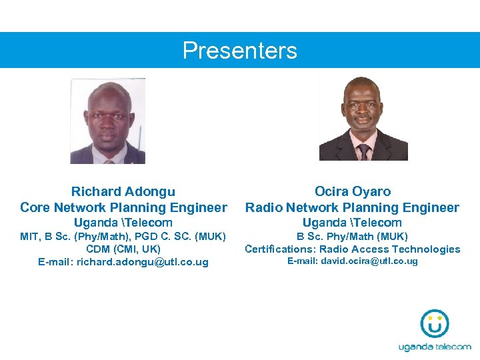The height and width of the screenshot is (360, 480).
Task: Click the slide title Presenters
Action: point(240,51)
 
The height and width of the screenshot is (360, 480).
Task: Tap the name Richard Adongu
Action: point(123,192)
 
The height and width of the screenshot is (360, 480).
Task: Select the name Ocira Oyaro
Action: point(353,192)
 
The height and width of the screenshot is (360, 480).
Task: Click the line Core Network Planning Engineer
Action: point(123,207)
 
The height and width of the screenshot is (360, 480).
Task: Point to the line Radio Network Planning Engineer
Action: point(352,207)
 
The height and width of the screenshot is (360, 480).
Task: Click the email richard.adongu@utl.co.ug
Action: point(143,262)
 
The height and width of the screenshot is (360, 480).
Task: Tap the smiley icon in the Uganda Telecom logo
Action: point(434,325)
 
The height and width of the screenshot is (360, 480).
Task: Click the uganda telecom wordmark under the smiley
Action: point(435,347)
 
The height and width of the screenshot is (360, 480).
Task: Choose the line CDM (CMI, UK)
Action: point(123,249)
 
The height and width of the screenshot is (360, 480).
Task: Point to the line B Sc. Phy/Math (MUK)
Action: point(352,236)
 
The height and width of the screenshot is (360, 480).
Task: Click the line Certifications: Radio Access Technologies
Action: point(352,249)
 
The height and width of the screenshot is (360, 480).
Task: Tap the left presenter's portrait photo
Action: point(108,121)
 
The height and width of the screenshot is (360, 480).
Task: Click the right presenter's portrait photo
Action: point(363,119)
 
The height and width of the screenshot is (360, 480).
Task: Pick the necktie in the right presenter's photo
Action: point(363,151)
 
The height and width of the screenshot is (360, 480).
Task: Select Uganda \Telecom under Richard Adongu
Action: point(123,223)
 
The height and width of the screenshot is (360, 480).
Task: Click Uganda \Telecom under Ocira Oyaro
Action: point(352,223)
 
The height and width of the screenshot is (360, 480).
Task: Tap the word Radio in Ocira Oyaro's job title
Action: point(264,207)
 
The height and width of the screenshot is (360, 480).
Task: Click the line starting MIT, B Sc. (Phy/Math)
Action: point(123,236)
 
